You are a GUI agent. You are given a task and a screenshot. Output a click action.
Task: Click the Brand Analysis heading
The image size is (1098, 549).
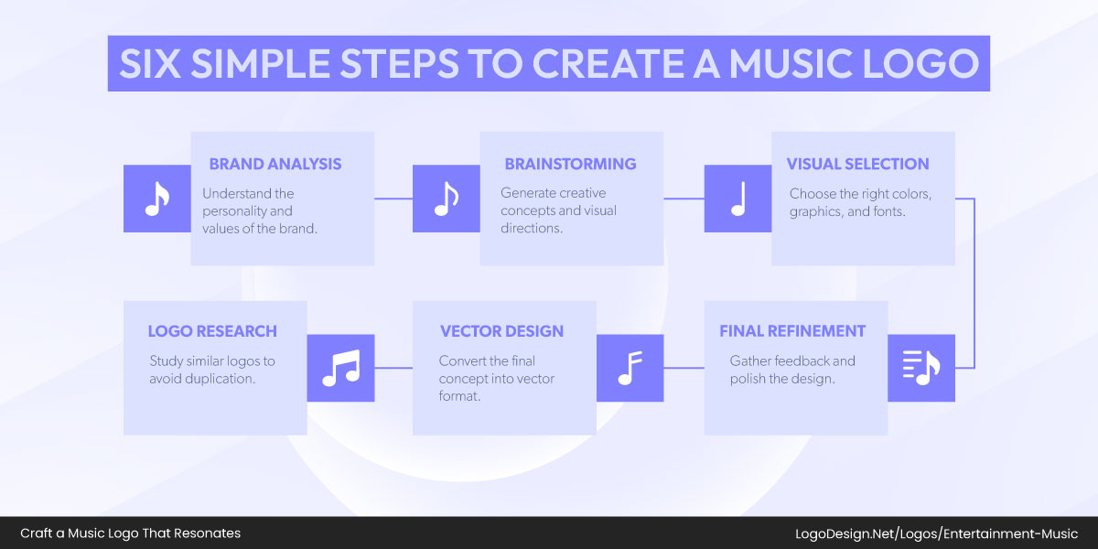click(x=274, y=165)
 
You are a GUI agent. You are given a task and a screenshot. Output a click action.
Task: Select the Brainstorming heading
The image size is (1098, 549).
click(x=570, y=165)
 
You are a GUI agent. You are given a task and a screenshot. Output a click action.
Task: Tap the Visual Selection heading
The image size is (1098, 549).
click(x=857, y=165)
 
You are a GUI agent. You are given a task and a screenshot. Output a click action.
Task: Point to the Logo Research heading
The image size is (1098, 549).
click(x=212, y=331)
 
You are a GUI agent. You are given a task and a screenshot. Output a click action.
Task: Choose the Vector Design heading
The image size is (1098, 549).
click(x=501, y=331)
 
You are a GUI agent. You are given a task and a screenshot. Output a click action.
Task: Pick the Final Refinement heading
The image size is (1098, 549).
click(x=791, y=331)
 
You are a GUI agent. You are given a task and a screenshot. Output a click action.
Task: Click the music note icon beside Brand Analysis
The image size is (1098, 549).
click(x=157, y=199)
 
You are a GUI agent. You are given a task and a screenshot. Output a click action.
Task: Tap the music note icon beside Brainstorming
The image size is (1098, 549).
click(x=446, y=199)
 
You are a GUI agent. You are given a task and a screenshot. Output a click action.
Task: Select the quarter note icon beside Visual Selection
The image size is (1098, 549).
click(x=737, y=199)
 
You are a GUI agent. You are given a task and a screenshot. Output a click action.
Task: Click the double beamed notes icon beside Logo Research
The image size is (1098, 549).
click(x=340, y=368)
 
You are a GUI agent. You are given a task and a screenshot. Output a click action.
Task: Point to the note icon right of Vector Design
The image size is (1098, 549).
click(x=630, y=368)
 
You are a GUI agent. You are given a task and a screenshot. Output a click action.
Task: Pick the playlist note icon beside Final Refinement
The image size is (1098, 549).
click(x=920, y=368)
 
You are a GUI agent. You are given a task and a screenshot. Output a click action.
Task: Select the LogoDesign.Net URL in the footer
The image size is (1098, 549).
click(x=935, y=533)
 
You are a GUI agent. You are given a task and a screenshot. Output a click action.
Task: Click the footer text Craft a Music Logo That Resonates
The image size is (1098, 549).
click(x=130, y=533)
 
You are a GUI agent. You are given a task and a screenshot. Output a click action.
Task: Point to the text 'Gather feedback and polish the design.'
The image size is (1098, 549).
click(x=792, y=370)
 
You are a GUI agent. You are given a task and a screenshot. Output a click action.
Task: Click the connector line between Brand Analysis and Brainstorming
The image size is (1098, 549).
click(x=393, y=199)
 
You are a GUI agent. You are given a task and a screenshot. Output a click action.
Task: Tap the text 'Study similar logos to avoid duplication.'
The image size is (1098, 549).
click(x=212, y=369)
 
